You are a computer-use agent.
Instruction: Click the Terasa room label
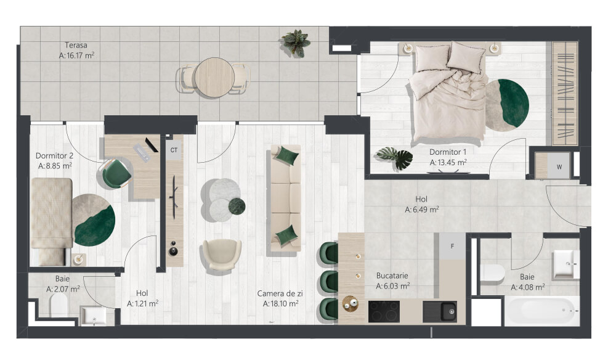coord(76,46)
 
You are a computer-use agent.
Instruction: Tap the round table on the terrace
coord(214,77)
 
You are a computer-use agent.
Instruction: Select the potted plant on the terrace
coord(296,43)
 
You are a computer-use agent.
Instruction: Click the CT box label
coord(174,150)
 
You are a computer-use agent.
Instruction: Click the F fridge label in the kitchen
coord(452,247)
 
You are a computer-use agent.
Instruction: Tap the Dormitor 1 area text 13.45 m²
coord(448,163)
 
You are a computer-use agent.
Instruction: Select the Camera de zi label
coord(280,293)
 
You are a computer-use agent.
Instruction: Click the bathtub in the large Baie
coord(541,311)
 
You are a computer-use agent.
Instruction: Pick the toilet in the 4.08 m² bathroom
coord(492,274)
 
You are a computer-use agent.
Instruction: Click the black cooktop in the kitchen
coord(384,311)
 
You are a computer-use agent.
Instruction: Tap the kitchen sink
coord(440,311)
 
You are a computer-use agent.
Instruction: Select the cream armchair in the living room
coord(221,254)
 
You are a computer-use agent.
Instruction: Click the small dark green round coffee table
coord(237,206)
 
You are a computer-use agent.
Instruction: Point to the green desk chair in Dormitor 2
coord(115,174)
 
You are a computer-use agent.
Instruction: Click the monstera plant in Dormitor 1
coord(395,158)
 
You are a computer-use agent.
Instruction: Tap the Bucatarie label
coord(392,276)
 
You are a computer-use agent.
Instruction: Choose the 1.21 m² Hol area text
coord(142,304)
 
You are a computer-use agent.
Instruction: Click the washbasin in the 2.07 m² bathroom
coord(92,316)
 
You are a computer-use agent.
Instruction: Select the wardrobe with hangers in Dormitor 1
coord(564,93)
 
